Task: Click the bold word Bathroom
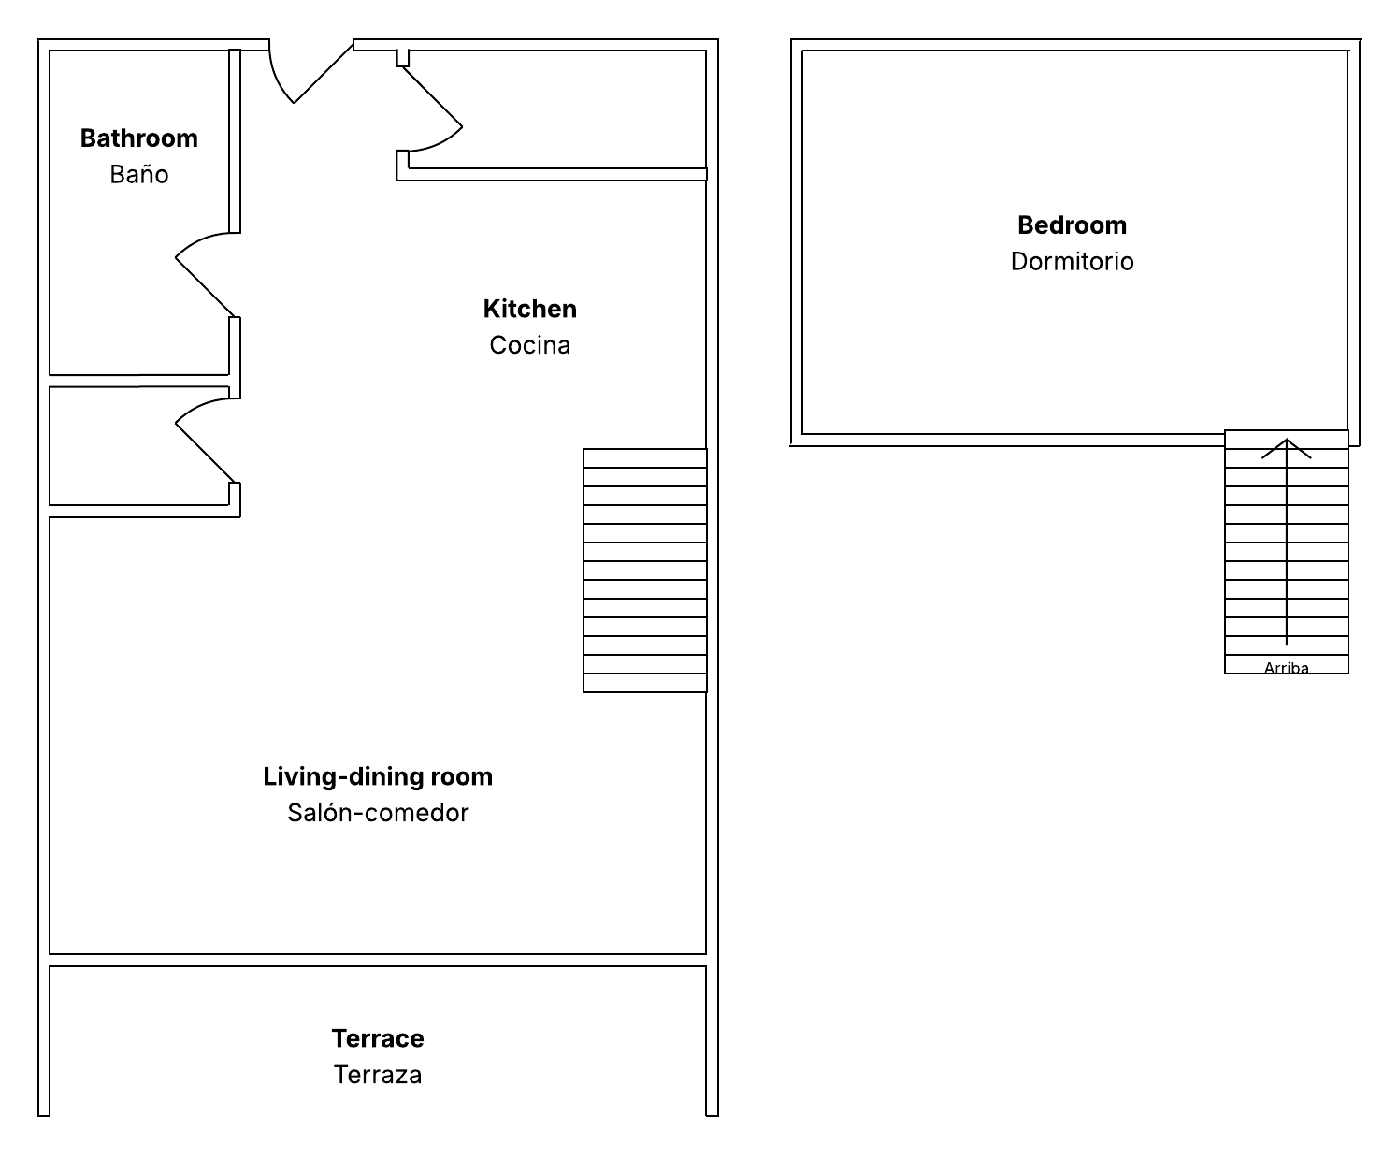(x=139, y=138)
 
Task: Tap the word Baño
(x=139, y=174)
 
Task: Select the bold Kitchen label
(x=529, y=309)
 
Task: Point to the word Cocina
(x=529, y=345)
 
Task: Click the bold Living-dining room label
(x=378, y=776)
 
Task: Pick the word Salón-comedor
(x=378, y=813)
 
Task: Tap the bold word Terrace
(x=378, y=1038)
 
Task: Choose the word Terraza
(x=378, y=1074)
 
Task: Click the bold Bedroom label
(x=1072, y=225)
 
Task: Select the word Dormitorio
(x=1072, y=261)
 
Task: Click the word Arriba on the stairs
(x=1286, y=667)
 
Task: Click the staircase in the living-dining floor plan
(x=645, y=570)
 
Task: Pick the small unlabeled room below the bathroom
(x=139, y=446)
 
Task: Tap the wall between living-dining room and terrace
(x=378, y=960)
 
